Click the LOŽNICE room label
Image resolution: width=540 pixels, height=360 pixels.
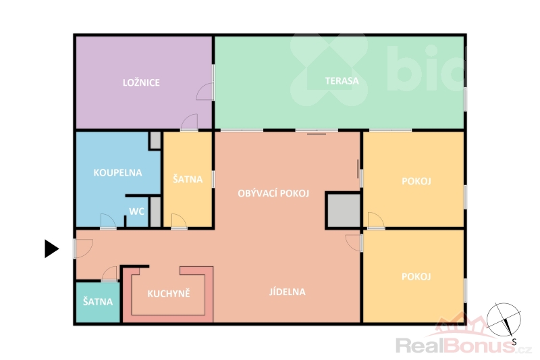tap(141, 82)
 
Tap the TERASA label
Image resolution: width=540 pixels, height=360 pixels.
tap(342, 81)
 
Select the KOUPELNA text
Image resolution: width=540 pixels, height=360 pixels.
tap(117, 173)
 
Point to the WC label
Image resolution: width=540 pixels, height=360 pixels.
tap(137, 211)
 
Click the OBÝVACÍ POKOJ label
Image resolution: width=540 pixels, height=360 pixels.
tap(273, 193)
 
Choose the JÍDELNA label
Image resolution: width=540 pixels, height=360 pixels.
tap(288, 292)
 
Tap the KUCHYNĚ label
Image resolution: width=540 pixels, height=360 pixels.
tap(169, 293)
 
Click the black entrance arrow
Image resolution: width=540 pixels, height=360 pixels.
tap(52, 249)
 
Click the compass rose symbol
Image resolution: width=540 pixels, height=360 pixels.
tap(504, 319)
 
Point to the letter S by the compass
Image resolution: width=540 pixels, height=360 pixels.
tap(514, 342)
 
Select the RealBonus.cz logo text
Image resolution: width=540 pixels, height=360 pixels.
tap(463, 345)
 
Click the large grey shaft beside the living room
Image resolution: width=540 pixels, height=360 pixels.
tap(344, 211)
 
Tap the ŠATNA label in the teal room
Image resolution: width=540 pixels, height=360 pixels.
tap(98, 302)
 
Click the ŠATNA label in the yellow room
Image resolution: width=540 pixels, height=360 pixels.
tap(188, 179)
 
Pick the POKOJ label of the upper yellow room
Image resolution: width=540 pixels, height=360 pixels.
tap(416, 181)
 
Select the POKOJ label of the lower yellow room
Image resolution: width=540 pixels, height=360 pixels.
tap(416, 277)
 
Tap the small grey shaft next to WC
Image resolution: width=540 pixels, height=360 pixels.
tap(156, 211)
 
